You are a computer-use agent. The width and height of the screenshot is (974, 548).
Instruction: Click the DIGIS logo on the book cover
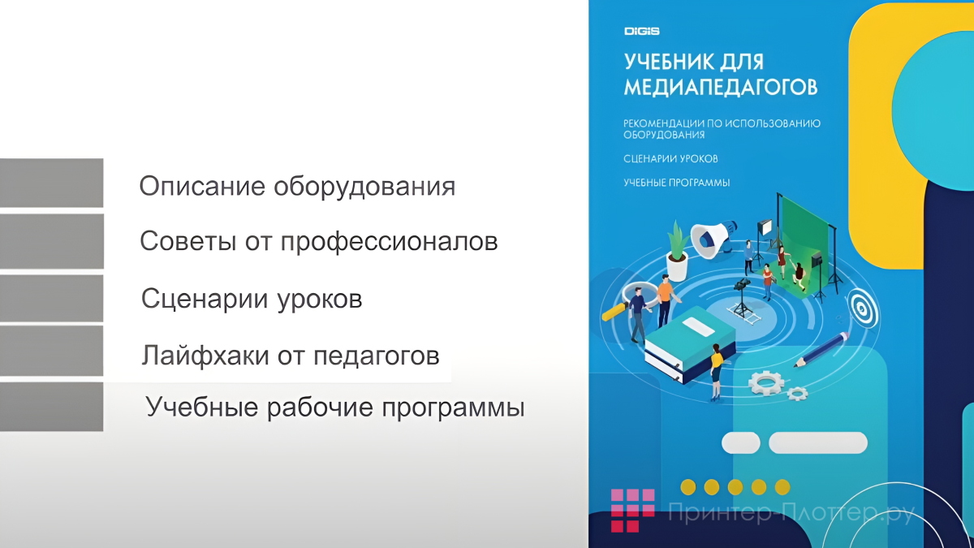pyautogui.click(x=641, y=32)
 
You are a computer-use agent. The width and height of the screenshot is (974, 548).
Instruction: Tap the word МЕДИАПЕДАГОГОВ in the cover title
pyautogui.click(x=721, y=85)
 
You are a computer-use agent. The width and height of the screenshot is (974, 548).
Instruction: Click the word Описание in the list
pyautogui.click(x=202, y=187)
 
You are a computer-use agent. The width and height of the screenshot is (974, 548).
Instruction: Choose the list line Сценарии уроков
pyautogui.click(x=252, y=299)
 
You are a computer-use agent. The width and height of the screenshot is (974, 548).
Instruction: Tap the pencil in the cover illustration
pyautogui.click(x=821, y=350)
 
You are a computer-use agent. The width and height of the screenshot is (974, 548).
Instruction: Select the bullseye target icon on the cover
pyautogui.click(x=861, y=308)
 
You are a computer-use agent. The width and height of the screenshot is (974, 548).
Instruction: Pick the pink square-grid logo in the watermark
pyautogui.click(x=632, y=510)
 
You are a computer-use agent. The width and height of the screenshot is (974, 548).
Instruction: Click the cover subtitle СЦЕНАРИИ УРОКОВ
pyautogui.click(x=670, y=158)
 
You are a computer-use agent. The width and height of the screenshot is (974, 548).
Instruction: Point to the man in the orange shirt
pyautogui.click(x=665, y=296)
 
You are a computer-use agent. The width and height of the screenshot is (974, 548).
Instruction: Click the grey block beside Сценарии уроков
pyautogui.click(x=51, y=299)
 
